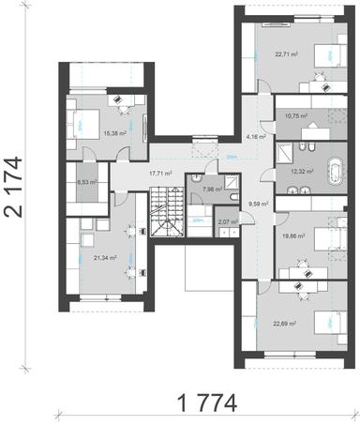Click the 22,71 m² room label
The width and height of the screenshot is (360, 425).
click(287, 55)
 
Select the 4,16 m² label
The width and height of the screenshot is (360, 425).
click(255, 137)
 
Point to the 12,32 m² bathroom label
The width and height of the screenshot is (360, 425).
click(302, 171)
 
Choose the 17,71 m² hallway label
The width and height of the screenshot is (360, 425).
click(163, 174)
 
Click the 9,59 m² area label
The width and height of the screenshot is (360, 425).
click(259, 203)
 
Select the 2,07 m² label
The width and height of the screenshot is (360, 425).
click(227, 222)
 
